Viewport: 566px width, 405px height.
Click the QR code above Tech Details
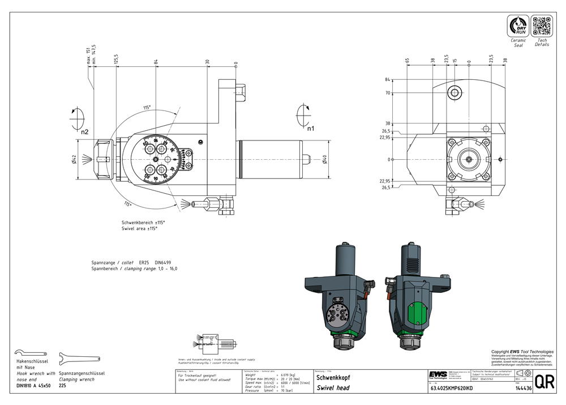click(x=542, y=27)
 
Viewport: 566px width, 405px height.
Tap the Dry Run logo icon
click(x=518, y=27)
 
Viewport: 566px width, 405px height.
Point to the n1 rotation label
click(x=311, y=129)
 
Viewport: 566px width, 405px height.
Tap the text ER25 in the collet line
click(x=144, y=263)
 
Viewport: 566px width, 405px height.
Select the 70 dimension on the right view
click(x=388, y=93)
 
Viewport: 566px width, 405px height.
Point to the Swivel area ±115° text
click(x=139, y=228)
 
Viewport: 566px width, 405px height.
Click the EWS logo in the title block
click(x=438, y=376)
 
